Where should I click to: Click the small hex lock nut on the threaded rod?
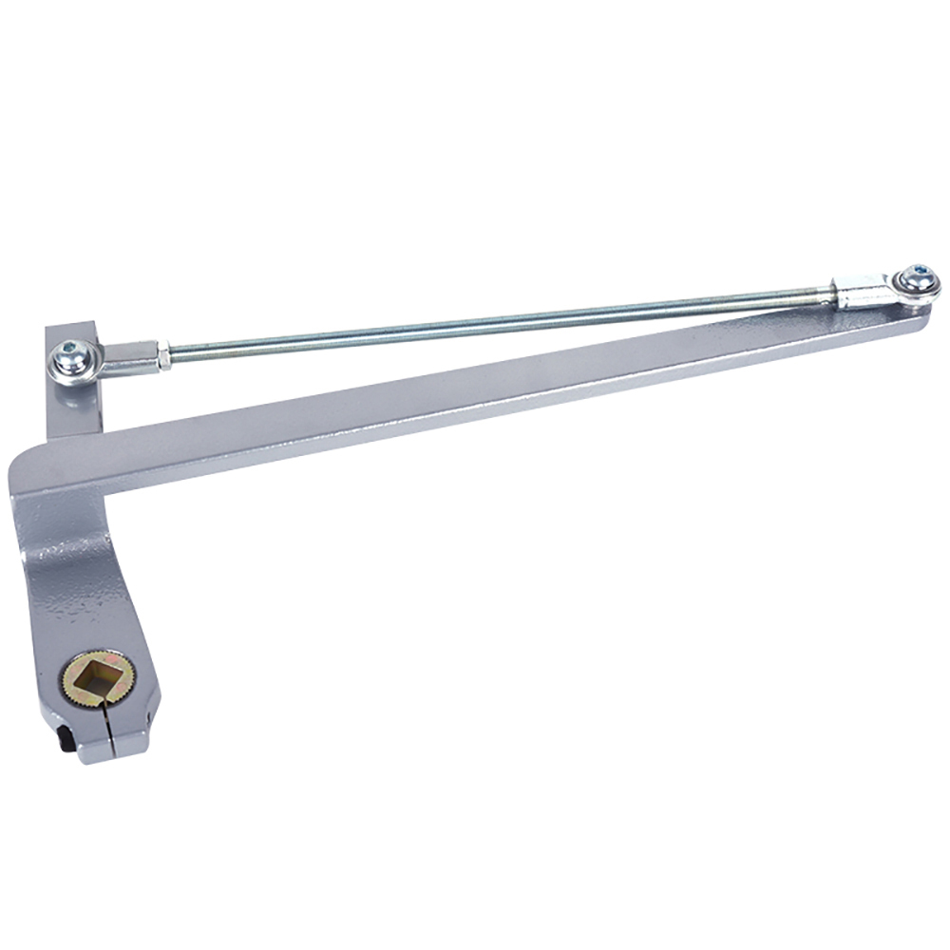click(163, 356)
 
